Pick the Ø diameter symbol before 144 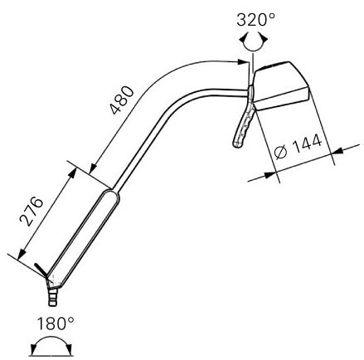click(279, 154)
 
